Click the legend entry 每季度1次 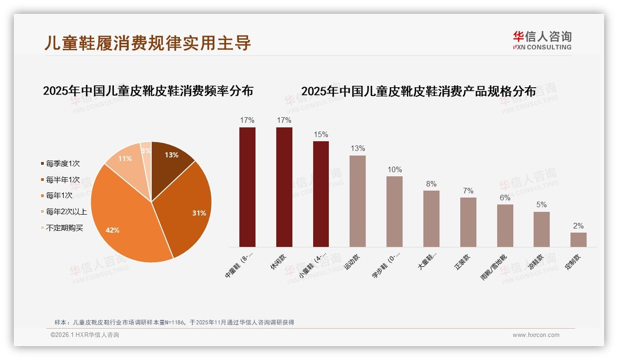coord(63,164)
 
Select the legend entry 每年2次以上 coord(66,212)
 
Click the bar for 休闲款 coord(284,187)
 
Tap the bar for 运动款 coord(357,201)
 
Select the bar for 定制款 coord(578,240)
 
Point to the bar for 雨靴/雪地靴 coord(505,226)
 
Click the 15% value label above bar coord(321,135)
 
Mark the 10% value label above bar coord(394,170)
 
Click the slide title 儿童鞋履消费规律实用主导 coord(148,42)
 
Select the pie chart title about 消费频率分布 coord(148,91)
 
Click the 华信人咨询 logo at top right coord(542,40)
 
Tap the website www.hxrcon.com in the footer coord(536,335)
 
